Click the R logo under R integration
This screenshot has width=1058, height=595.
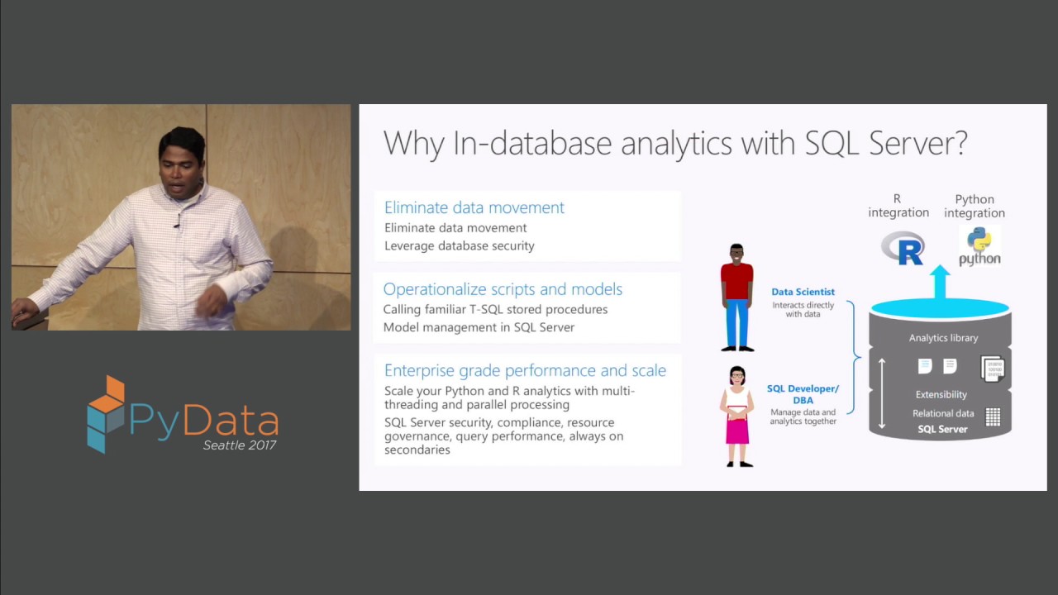[903, 248]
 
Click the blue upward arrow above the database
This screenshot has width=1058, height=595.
[940, 282]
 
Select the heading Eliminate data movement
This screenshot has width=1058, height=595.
[474, 207]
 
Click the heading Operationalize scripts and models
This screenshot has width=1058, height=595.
[503, 289]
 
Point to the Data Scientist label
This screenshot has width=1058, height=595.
[803, 292]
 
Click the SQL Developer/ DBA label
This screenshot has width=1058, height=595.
[803, 394]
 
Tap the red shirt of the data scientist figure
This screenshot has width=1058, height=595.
[736, 281]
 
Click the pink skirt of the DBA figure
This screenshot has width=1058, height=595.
[736, 431]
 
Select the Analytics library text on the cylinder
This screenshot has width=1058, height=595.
[943, 338]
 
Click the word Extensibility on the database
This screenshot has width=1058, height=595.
[941, 395]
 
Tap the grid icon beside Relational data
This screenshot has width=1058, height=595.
[993, 417]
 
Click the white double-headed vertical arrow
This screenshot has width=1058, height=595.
[882, 393]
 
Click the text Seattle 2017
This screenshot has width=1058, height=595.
[240, 445]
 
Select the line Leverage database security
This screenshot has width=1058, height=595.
[459, 245]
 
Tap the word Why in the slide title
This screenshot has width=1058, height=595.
[414, 144]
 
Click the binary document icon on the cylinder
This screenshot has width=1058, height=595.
[992, 368]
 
